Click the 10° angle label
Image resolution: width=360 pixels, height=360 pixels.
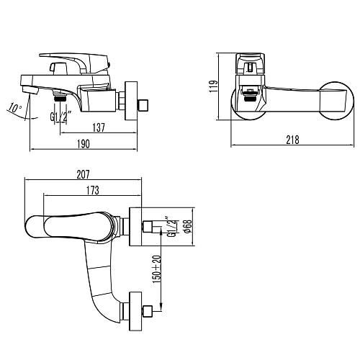point(14,108)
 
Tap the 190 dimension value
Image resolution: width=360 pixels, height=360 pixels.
point(83,145)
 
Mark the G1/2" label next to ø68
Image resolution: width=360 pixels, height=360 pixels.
point(170,226)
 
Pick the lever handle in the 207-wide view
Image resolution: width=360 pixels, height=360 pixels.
point(68,225)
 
